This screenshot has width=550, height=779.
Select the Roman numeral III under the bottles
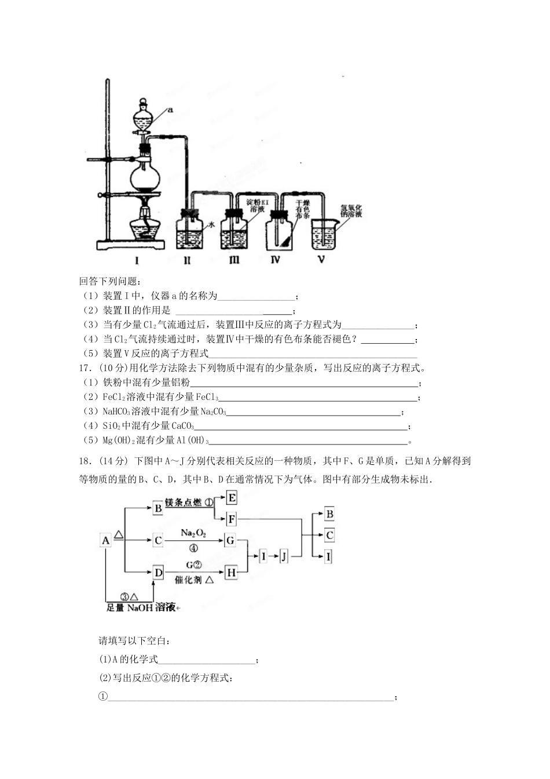233,260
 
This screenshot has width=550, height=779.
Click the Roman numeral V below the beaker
321,260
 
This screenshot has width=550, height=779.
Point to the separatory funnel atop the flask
143,119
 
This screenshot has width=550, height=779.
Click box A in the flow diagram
106,541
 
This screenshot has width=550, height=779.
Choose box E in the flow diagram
232,498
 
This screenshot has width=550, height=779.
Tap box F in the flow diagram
232,519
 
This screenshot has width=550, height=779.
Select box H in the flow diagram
231,573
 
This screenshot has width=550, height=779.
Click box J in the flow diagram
284,556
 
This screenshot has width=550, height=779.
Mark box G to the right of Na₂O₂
230,541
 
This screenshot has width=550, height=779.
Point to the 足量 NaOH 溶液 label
142,607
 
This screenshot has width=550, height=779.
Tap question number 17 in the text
86,367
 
